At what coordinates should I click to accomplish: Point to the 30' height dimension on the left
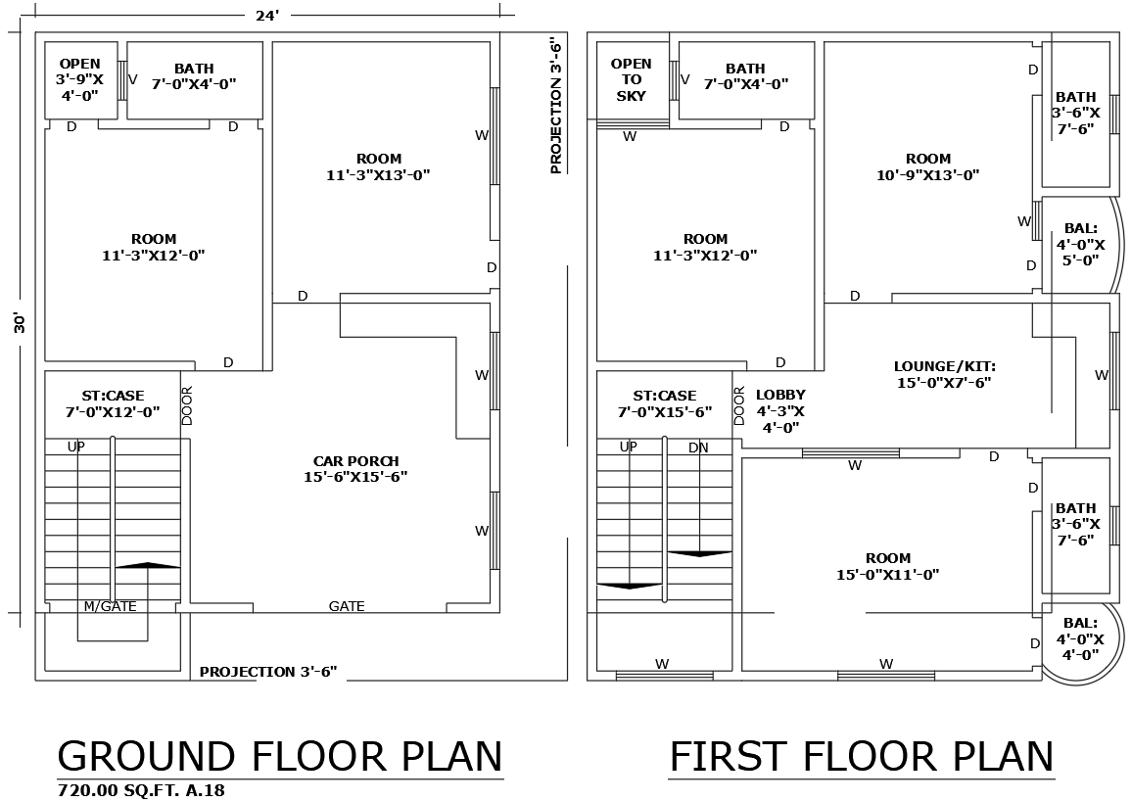pos(20,323)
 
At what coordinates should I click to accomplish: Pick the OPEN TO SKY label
pos(631,79)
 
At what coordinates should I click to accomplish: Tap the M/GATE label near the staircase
pos(110,607)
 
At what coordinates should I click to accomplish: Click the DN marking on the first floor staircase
pos(698,448)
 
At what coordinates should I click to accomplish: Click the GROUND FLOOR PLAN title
pos(280,757)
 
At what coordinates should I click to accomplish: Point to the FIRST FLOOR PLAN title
pos(861,757)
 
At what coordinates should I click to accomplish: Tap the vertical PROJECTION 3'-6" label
pos(556,106)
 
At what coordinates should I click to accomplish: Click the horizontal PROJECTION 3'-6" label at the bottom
pos(268,672)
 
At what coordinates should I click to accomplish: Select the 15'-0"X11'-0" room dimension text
pos(887,575)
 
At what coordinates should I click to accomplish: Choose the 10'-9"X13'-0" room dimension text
pos(927,175)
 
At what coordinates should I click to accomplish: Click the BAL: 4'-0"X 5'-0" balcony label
pos(1079,244)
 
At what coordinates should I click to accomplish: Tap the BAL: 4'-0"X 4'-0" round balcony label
pos(1079,638)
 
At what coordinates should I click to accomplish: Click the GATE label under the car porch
pos(347,607)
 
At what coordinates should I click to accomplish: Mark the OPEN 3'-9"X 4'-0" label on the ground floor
pos(79,79)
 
